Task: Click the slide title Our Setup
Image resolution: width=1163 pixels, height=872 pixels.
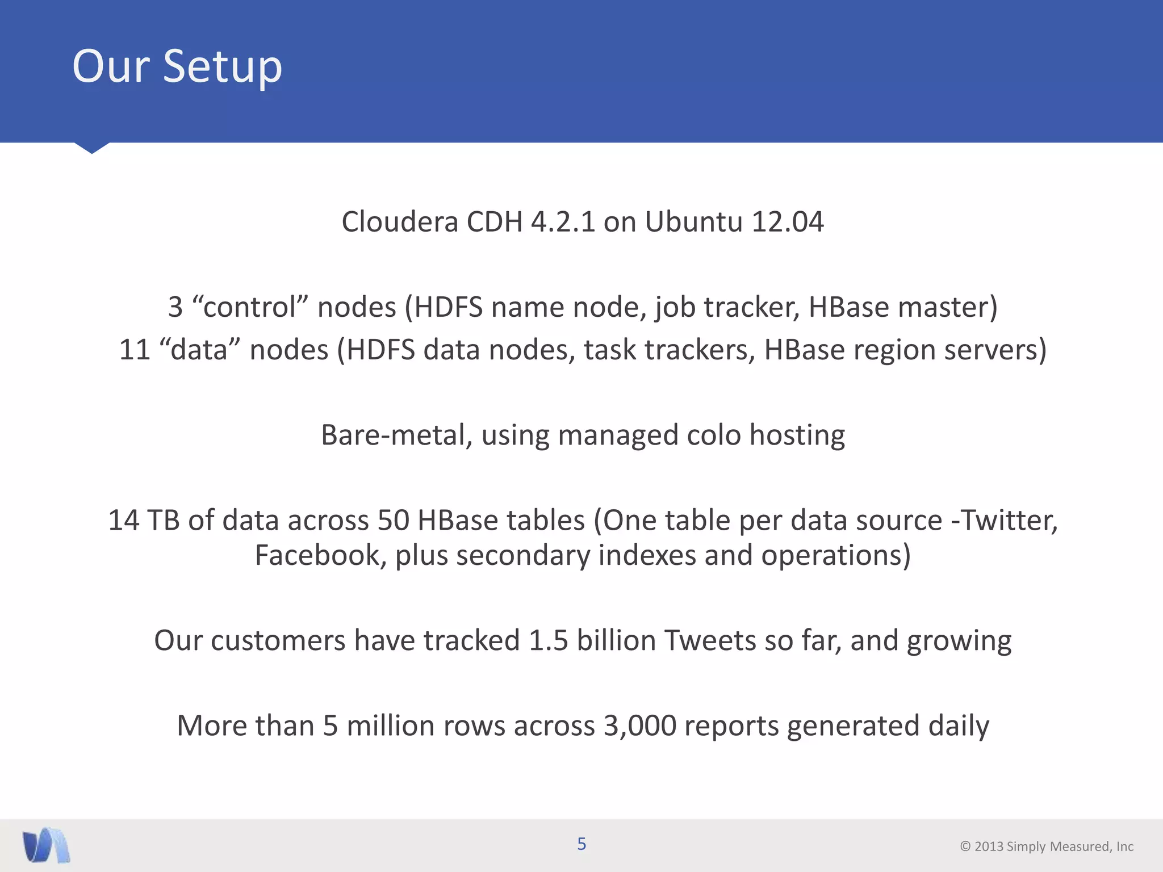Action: (x=177, y=66)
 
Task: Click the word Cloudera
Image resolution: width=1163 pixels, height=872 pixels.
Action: (x=400, y=221)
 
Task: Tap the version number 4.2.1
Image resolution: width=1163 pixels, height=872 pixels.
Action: (x=563, y=221)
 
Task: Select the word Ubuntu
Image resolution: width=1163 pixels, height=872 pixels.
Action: (x=693, y=221)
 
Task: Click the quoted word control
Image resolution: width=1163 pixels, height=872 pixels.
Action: (x=250, y=307)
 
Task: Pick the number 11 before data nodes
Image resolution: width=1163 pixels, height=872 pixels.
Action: (x=134, y=350)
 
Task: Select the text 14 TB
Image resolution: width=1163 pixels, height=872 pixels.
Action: (x=144, y=521)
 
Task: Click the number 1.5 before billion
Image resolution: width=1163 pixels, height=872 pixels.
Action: (x=548, y=640)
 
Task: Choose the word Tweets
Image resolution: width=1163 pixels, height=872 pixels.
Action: (x=710, y=640)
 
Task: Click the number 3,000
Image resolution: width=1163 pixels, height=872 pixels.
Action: (x=639, y=726)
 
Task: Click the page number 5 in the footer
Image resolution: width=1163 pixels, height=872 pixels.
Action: (x=581, y=844)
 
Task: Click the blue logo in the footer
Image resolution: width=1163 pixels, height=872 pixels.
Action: (x=46, y=845)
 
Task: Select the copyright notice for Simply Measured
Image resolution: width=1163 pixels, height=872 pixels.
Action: (x=1047, y=846)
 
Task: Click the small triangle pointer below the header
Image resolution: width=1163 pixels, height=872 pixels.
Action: (x=91, y=148)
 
